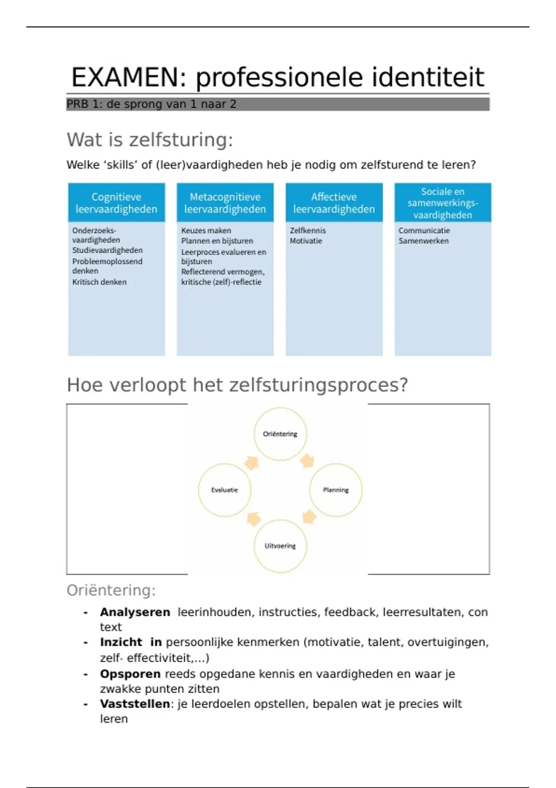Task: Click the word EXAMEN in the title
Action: coord(124,77)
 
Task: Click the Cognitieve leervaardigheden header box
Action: coord(116,203)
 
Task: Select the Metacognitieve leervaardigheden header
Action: coord(225,203)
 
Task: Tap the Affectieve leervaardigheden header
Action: coord(334,203)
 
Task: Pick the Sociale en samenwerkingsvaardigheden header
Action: coord(442,203)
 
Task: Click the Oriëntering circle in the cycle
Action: coord(280,434)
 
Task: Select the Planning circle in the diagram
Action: coord(335,490)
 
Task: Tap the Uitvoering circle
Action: coord(280,546)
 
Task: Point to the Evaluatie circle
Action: coord(225,490)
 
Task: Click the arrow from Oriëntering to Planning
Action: coord(307,461)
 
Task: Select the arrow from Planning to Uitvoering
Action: coord(309,517)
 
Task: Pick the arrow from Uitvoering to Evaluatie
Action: coord(253,518)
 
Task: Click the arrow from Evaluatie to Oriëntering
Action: coord(252,463)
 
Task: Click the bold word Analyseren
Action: coord(135,612)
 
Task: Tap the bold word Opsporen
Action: coord(130,674)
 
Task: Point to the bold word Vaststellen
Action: coord(135,704)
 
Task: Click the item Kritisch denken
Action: coord(99,282)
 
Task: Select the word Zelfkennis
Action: coord(308,230)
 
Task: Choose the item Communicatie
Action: coord(424,230)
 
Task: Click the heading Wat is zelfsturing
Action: coord(150,140)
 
